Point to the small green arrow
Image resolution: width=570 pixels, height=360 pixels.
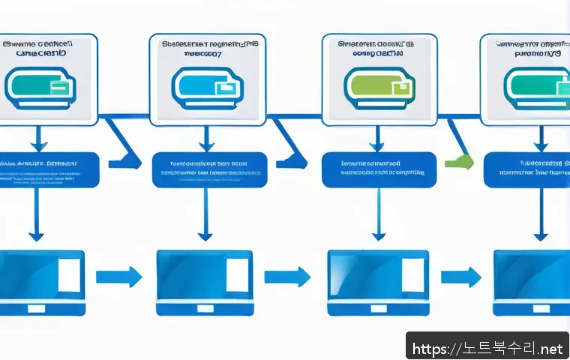pos(459,161)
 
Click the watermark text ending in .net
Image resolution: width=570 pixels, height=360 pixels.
pos(487,348)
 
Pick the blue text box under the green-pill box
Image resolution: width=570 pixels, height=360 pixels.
pos(379,169)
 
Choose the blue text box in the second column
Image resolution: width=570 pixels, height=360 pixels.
pos(209,169)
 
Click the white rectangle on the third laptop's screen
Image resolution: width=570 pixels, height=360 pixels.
pos(412,274)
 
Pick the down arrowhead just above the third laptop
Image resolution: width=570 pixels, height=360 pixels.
pos(379,235)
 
